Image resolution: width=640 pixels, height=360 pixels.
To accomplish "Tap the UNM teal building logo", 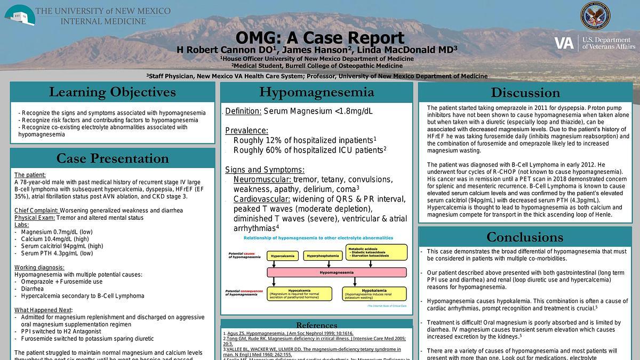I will click(x=20, y=14).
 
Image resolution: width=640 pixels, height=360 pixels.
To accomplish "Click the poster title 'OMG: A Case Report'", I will click(x=319, y=38).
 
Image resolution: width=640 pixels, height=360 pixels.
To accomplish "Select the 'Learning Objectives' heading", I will click(x=112, y=92).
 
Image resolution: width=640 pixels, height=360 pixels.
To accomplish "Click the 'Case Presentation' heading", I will click(x=112, y=158).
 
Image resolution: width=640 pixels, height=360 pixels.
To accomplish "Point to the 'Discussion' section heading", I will click(x=525, y=93).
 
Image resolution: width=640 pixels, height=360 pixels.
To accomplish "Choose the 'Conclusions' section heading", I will click(x=525, y=237).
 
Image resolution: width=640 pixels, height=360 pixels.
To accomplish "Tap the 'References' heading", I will click(x=316, y=325).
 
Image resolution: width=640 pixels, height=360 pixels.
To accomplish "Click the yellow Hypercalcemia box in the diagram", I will click(x=283, y=256).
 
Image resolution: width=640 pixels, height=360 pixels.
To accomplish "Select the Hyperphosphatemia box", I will click(x=323, y=256).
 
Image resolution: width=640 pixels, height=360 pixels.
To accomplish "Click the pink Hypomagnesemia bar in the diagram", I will click(x=336, y=272).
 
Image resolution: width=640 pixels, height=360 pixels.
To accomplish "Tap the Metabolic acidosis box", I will click(x=377, y=252).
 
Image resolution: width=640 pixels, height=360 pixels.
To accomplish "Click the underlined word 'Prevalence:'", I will click(x=246, y=131).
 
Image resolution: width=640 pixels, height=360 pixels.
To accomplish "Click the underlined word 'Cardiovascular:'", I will click(x=262, y=199).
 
